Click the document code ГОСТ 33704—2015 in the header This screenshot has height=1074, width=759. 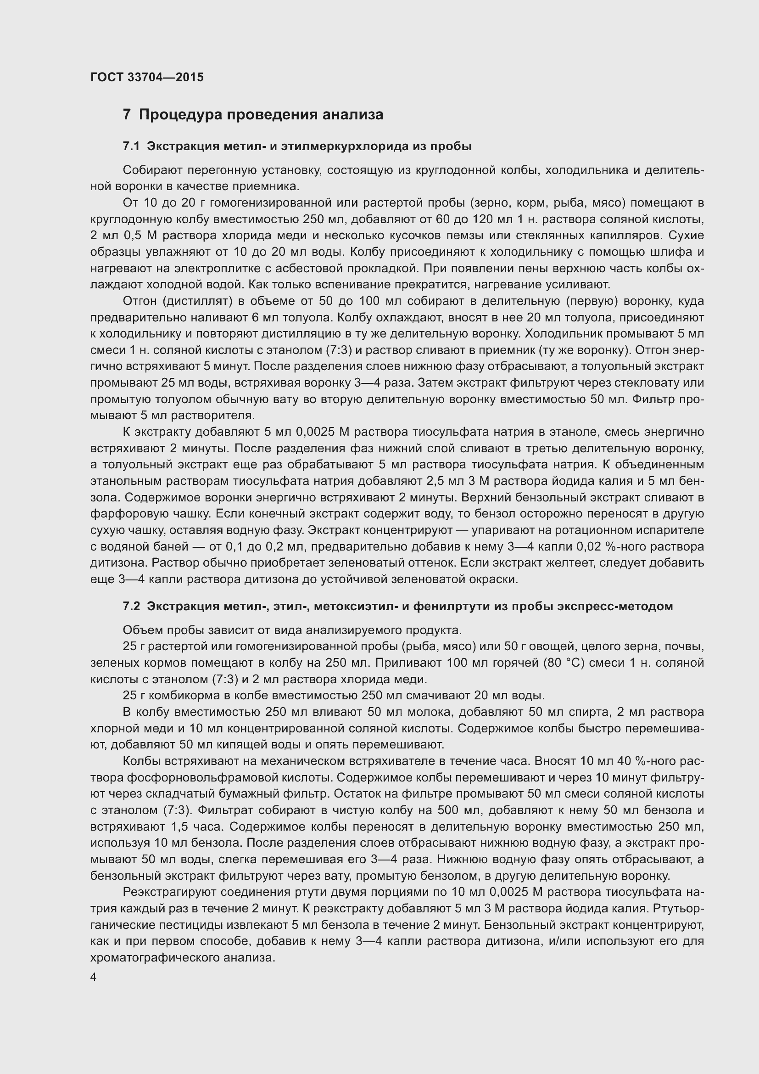coord(147,77)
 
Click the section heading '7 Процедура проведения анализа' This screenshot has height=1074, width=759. coord(253,115)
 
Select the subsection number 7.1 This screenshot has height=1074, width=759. coord(131,146)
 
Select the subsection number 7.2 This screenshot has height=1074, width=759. coord(131,606)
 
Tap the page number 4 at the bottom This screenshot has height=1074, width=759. coord(94,977)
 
